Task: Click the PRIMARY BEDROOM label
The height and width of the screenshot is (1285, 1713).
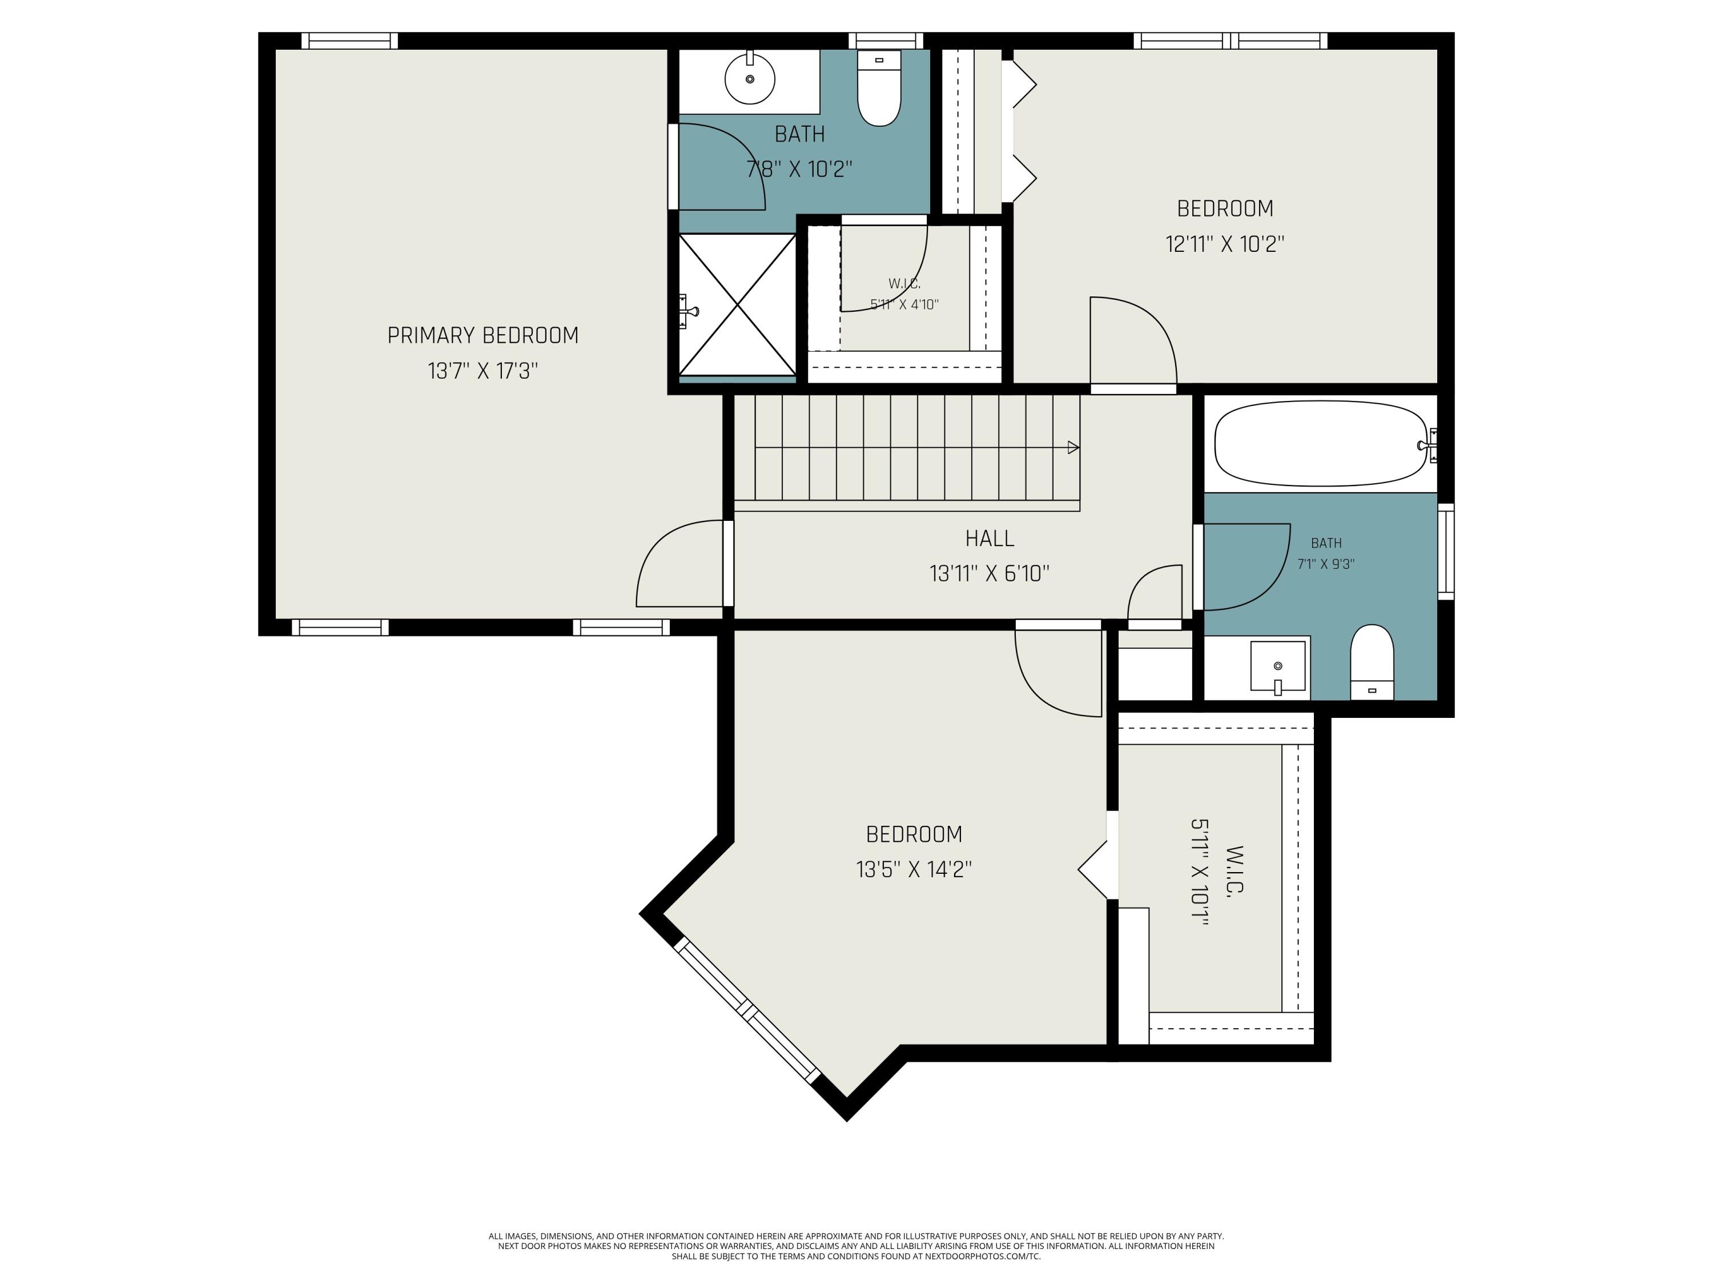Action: [482, 335]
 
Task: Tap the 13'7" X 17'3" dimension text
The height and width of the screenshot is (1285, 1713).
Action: [482, 371]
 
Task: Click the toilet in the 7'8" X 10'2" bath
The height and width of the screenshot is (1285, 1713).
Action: [879, 87]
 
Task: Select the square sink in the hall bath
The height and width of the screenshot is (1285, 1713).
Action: [1278, 666]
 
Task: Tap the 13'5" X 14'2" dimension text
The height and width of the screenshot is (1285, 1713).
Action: [914, 870]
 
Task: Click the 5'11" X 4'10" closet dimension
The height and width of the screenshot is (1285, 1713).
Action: [904, 304]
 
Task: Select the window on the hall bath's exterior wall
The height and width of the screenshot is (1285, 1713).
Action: [1446, 552]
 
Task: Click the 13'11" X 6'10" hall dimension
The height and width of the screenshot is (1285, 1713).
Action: [990, 574]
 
